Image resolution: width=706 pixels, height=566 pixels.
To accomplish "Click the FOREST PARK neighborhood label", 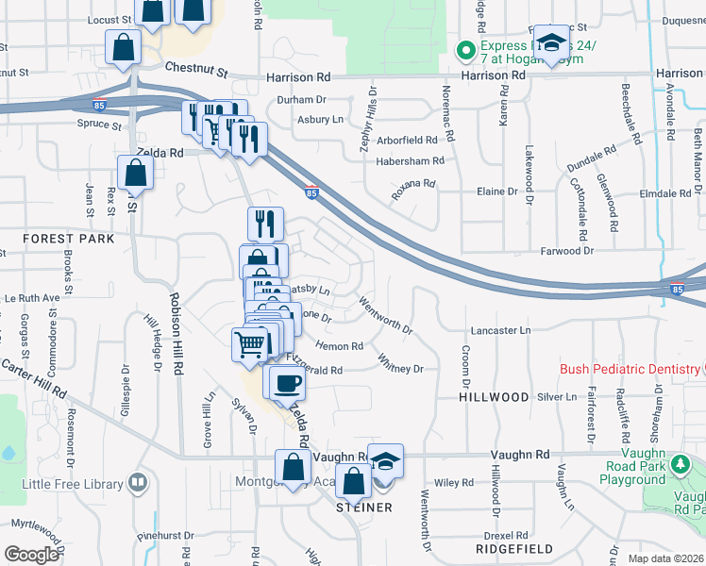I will pos(70,239).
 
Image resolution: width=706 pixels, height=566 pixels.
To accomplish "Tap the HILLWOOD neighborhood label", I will pos(494,397).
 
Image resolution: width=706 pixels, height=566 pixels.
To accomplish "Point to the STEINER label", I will pos(363,508).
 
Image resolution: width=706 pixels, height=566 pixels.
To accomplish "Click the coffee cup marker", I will pos(288,383).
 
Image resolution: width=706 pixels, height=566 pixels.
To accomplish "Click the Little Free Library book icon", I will pos(139,484).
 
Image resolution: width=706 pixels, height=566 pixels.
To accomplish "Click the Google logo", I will pos(31,555).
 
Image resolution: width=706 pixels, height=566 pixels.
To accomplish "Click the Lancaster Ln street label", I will pos(500,331).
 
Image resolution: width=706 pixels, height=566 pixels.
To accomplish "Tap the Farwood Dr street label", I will pos(567,251).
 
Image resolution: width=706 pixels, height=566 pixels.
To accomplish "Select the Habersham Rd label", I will pos(410,161).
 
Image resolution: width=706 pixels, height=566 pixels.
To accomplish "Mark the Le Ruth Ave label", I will pos(32,297).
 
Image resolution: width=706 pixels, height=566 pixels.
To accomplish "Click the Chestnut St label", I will pos(196,70).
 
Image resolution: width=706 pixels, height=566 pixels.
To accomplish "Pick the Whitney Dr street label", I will pos(400,363).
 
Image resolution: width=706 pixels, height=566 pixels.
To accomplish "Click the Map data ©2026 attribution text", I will pos(666,558).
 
